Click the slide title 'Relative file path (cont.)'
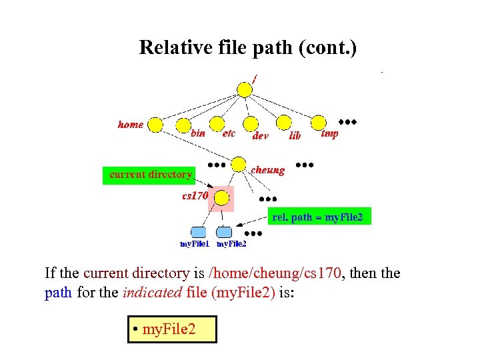point(248,47)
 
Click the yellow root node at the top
point(245,89)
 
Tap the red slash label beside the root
point(254,77)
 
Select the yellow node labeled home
point(155,125)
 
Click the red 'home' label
point(131,125)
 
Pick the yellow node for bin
point(183,125)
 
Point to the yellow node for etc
point(217,125)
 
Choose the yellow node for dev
point(250,124)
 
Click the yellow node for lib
point(284,123)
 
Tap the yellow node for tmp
point(319,123)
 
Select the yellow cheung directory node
point(239,164)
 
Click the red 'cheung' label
point(267,170)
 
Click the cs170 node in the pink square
point(222,198)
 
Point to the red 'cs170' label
point(195,196)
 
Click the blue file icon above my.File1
point(198,232)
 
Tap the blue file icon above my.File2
point(225,232)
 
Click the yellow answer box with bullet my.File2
point(172,329)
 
